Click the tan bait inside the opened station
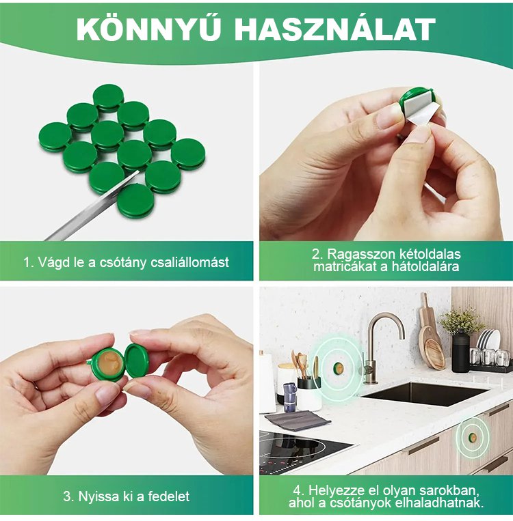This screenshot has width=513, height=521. click(109, 365)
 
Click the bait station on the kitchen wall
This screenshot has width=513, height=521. click(338, 369)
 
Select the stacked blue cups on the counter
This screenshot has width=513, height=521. click(290, 397)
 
